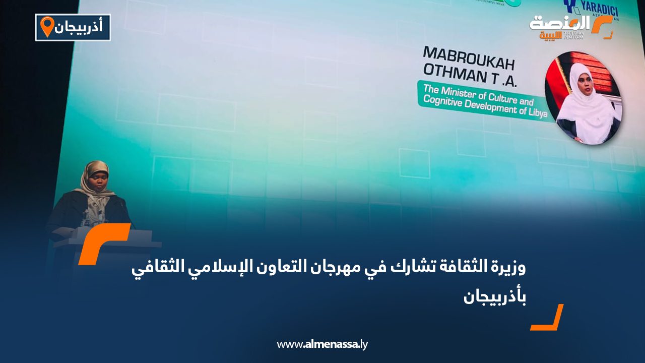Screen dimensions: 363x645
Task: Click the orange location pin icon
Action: coord(47,27)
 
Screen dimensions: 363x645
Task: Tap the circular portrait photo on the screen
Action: coord(583,98)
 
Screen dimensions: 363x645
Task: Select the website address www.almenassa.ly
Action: coord(322,344)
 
